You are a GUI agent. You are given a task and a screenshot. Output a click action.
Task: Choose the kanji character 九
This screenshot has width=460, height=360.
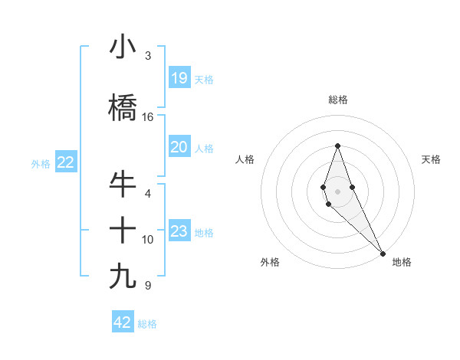(123, 277)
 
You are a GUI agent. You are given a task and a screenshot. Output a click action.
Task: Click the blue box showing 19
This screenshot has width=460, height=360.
(179, 78)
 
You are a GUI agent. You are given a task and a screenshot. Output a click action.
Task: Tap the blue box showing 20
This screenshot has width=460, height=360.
(179, 147)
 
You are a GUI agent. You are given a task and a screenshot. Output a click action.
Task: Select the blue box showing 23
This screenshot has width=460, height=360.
(179, 231)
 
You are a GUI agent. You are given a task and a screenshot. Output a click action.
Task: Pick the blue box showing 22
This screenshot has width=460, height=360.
(65, 162)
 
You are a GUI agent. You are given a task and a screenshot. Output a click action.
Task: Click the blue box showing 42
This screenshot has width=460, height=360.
(123, 322)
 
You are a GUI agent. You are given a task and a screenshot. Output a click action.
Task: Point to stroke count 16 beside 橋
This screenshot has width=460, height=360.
(148, 117)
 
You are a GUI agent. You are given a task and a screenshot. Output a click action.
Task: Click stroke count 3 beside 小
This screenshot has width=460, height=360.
(148, 56)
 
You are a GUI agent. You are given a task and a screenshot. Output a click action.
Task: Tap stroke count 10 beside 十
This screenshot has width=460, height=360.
(148, 240)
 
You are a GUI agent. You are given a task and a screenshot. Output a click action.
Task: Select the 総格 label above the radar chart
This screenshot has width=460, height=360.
(337, 100)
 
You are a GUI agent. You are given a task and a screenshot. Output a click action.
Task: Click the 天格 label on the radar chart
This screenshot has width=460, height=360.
(431, 159)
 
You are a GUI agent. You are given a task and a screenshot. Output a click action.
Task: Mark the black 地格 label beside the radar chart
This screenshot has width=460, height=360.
(402, 262)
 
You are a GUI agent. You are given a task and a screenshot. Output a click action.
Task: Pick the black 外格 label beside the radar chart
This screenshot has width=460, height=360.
(270, 262)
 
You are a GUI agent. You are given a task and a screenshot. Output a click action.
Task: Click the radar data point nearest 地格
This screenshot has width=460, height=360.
(383, 253)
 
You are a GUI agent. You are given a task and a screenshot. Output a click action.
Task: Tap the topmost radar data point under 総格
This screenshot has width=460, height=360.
(337, 146)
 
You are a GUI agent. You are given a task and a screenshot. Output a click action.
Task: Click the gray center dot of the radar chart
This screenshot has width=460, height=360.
(337, 191)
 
